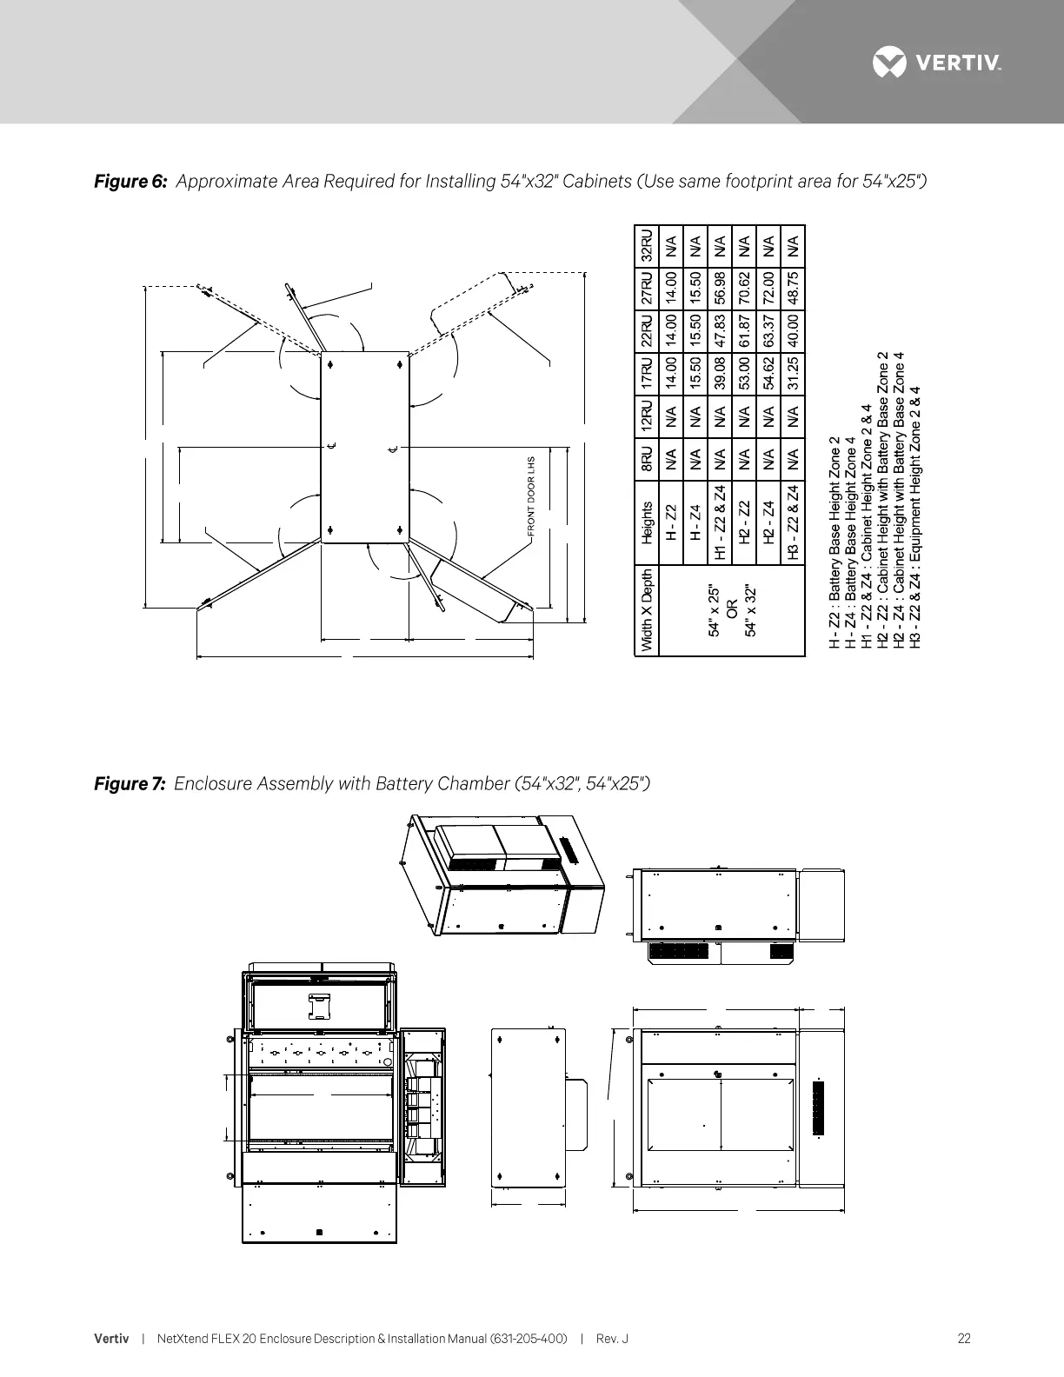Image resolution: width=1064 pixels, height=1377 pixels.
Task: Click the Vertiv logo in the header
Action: click(x=937, y=63)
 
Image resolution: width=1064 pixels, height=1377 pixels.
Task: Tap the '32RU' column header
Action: click(x=645, y=244)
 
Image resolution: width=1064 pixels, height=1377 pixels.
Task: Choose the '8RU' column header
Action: click(x=645, y=461)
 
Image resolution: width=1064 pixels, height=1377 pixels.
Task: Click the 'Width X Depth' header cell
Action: click(x=645, y=610)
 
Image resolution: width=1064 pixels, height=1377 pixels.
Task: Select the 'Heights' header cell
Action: click(x=645, y=522)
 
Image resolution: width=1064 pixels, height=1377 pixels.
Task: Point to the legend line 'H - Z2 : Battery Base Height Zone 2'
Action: click(x=835, y=542)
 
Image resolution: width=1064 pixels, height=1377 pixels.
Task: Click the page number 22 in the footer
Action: click(x=964, y=1339)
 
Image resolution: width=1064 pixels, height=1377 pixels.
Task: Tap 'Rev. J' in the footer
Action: click(x=612, y=1339)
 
